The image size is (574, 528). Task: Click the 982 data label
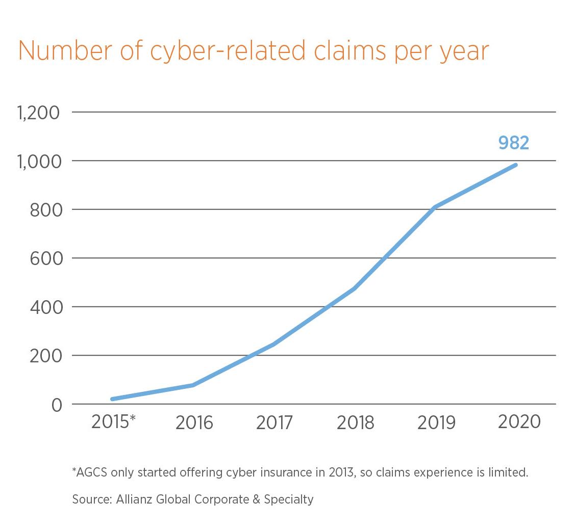coord(513,143)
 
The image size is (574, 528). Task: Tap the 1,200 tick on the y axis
coord(38,113)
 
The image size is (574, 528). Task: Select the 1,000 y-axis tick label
coord(38,161)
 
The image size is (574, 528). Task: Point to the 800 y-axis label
coord(45,210)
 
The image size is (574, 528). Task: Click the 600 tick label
coord(45,258)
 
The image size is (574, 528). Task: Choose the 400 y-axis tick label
coord(45,307)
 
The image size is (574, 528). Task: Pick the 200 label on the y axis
coord(45,356)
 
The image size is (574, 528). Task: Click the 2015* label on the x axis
coord(113,423)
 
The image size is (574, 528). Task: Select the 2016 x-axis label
coord(194,423)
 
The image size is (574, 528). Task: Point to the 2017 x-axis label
coord(274,423)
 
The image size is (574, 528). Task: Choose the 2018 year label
coord(355,423)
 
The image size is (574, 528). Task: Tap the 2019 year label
coord(436,423)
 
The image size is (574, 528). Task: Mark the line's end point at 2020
coord(515,165)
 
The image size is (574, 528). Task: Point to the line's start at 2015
coord(112,399)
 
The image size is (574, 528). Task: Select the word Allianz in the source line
coord(137,499)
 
